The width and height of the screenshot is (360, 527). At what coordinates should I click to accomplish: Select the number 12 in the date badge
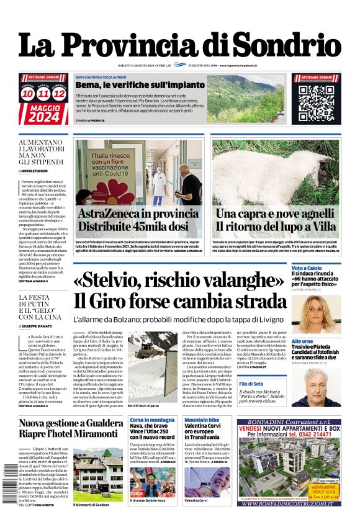click(x=59, y=94)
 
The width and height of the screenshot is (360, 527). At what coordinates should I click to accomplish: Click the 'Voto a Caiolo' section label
click(x=307, y=267)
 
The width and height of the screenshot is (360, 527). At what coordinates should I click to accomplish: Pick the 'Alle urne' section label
click(x=302, y=341)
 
